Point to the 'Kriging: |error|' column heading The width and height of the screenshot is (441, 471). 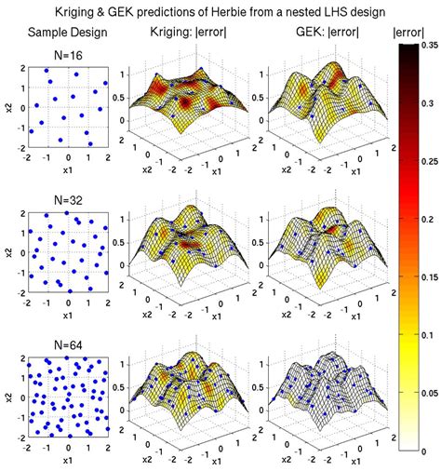click(x=191, y=33)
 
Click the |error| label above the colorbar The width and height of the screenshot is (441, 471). click(x=411, y=33)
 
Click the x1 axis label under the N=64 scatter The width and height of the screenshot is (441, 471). click(x=67, y=460)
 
